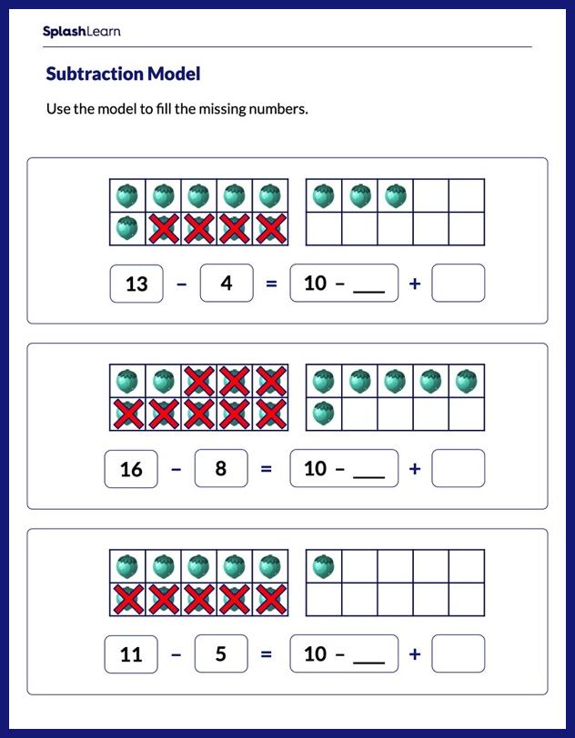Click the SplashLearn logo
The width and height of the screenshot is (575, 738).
[81, 32]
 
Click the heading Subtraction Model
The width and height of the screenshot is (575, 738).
[123, 74]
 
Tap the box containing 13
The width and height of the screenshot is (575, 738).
[136, 284]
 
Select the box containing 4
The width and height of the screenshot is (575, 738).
[226, 284]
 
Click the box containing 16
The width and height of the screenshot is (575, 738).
[132, 469]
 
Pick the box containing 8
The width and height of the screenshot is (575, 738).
[220, 469]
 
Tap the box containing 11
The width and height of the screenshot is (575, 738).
[132, 654]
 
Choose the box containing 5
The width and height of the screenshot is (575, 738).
[220, 654]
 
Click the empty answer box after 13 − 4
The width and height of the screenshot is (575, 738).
[458, 284]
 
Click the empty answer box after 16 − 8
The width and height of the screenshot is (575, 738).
[458, 469]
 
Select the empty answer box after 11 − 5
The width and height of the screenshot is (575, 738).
[458, 654]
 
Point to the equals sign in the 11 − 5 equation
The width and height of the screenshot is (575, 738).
[267, 654]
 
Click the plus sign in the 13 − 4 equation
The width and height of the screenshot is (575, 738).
[415, 284]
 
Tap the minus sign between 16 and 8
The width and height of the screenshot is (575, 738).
[177, 469]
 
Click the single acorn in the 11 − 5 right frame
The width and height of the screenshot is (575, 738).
[323, 566]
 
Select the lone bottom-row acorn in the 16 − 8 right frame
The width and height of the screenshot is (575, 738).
[323, 414]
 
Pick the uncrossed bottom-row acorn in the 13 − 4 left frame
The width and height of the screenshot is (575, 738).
[126, 228]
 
